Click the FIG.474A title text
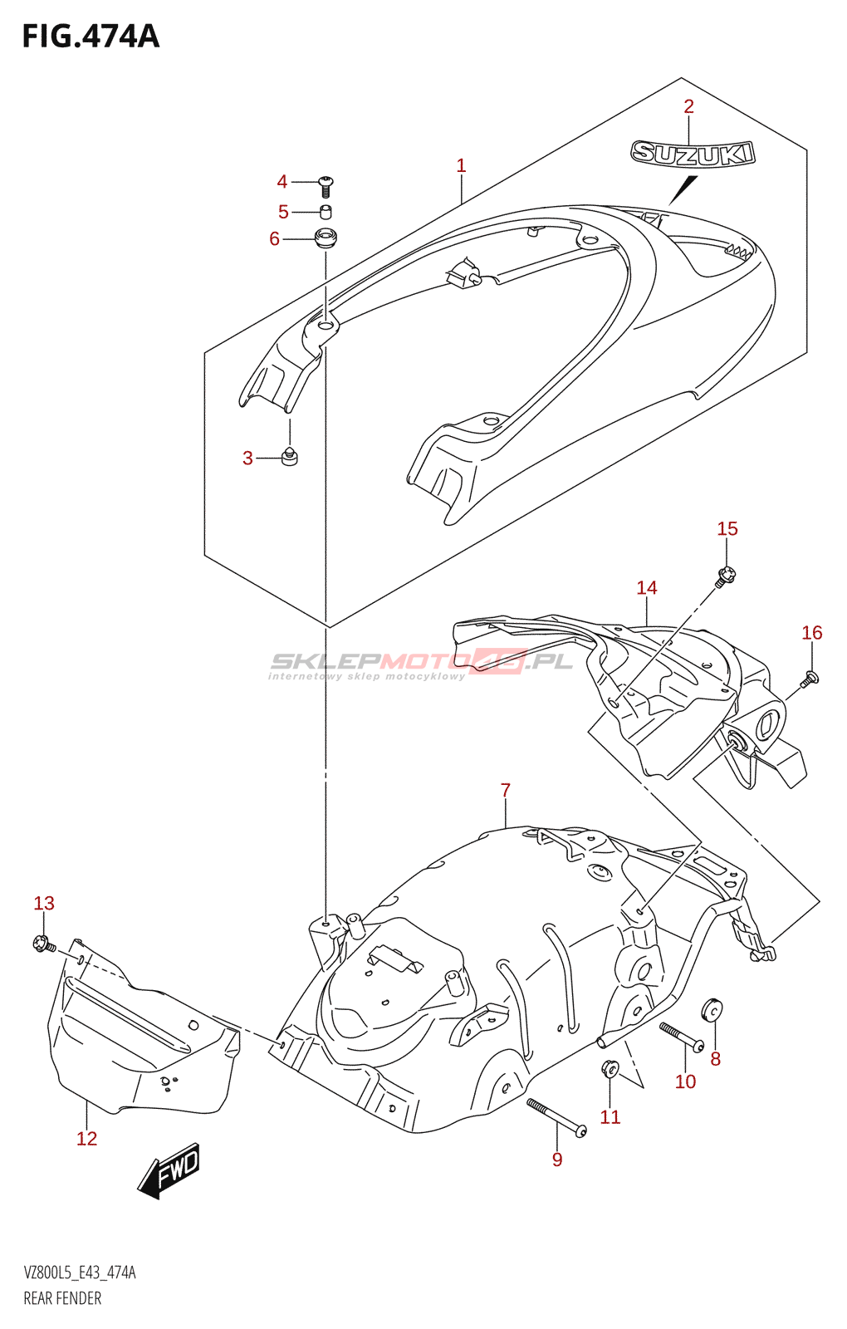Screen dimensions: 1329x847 point(90,37)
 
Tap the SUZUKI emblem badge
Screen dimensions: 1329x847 point(693,154)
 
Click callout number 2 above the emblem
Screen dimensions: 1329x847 point(688,106)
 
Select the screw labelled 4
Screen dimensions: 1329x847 point(326,184)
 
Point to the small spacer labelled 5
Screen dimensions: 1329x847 point(326,212)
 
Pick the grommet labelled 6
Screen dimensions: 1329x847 point(326,238)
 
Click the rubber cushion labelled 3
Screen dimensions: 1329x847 point(289,456)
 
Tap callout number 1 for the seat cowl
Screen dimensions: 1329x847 point(461,166)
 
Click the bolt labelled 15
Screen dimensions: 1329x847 point(727,574)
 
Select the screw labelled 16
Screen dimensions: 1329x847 point(810,679)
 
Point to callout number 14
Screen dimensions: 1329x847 point(646,588)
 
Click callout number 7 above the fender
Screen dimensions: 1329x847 point(506,790)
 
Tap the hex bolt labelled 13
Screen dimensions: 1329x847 point(42,944)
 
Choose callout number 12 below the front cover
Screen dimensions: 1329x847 point(86,1139)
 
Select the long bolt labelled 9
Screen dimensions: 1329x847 point(556,1117)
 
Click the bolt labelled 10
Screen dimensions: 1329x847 point(681,1036)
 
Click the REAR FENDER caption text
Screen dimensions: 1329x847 point(62,1298)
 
